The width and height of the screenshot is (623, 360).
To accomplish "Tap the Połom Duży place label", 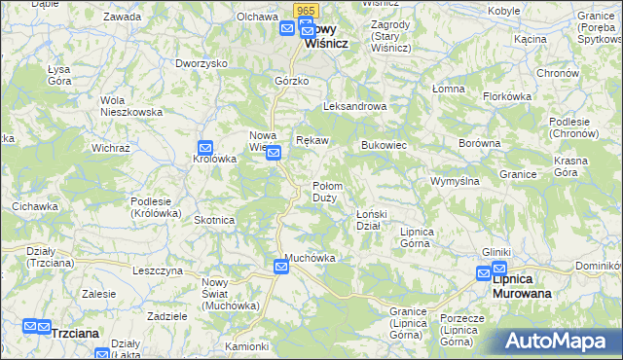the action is (x=325, y=192).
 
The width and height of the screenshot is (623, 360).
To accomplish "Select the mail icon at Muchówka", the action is (x=281, y=265).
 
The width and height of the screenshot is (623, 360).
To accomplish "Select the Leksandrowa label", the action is (x=355, y=107).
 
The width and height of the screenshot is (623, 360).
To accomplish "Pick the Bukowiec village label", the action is (x=384, y=145).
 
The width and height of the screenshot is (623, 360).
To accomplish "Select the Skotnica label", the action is (x=214, y=220).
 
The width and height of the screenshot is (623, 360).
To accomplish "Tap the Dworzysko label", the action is (x=201, y=63).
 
